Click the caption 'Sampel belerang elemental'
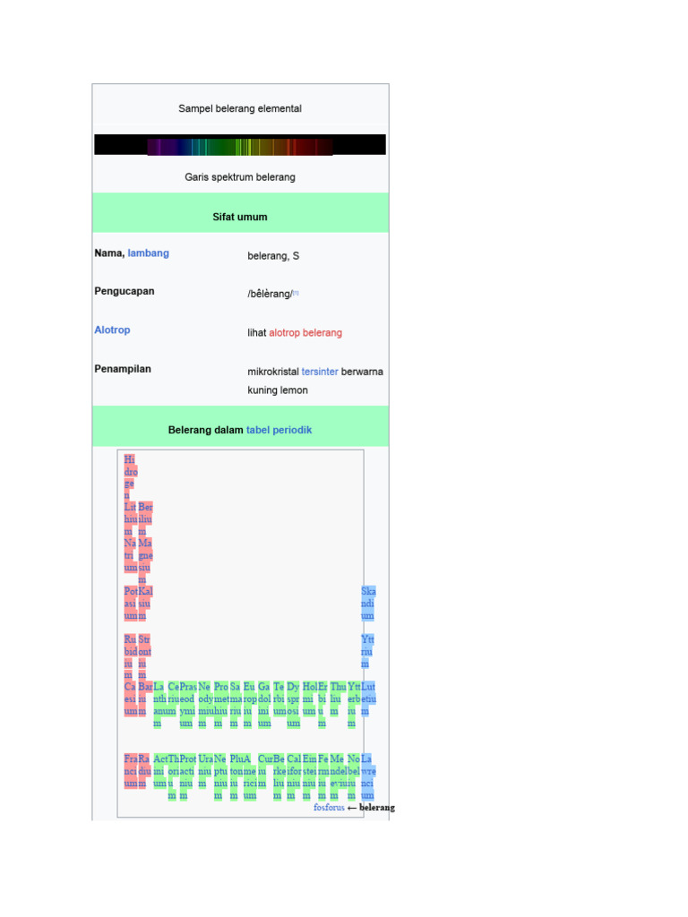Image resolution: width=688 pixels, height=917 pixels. coord(239,108)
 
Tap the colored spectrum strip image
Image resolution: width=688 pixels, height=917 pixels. coord(239,145)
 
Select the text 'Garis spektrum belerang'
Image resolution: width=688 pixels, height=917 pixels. coord(239,177)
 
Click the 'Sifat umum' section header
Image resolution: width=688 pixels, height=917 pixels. coord(239,217)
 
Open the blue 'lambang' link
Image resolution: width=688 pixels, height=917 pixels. coord(148,253)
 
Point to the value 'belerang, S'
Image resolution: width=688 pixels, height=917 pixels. coord(273,256)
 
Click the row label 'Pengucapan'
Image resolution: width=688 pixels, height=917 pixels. coord(124,291)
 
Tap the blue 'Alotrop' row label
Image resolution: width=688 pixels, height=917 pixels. coord(112,330)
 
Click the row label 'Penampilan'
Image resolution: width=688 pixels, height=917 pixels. coord(123,368)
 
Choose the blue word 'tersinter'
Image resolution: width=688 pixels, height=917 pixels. coord(320,372)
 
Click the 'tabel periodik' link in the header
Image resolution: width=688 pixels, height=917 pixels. coord(279,430)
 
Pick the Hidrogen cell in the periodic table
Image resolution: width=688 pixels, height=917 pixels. coord(131,477)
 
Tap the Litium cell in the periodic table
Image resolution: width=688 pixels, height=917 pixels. coord(131,518)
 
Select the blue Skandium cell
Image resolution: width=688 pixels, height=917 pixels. coord(368,604)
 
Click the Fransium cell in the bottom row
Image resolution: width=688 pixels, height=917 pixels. coord(131,770)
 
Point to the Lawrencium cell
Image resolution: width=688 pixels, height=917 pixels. coord(367,776)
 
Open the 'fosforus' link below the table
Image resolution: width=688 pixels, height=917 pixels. coord(329,808)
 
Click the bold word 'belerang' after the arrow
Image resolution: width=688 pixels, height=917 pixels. coord(376,808)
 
